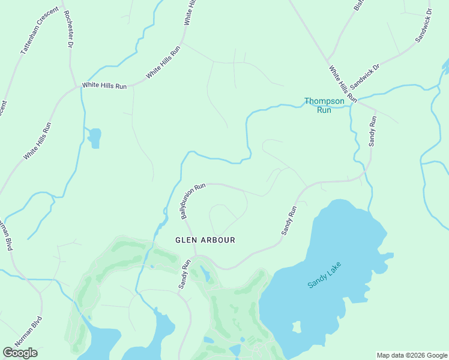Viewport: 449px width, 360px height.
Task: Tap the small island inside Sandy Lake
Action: point(296,327)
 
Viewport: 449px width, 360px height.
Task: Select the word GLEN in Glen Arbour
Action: point(185,240)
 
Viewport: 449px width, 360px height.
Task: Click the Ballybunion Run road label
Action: point(193,200)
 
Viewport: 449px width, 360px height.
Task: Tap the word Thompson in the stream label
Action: point(324,101)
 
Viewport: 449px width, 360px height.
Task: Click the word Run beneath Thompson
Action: point(324,110)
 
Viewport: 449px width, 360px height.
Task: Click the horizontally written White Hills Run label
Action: point(104,86)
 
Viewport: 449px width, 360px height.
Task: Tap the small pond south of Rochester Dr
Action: point(94,137)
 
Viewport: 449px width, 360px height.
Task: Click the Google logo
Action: point(20,353)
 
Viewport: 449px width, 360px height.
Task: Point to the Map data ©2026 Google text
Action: point(412,355)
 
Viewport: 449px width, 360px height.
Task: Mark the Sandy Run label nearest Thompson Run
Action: point(373,131)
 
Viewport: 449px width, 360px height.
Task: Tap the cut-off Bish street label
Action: point(359,5)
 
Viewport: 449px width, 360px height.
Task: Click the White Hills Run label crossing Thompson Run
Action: point(343,84)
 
